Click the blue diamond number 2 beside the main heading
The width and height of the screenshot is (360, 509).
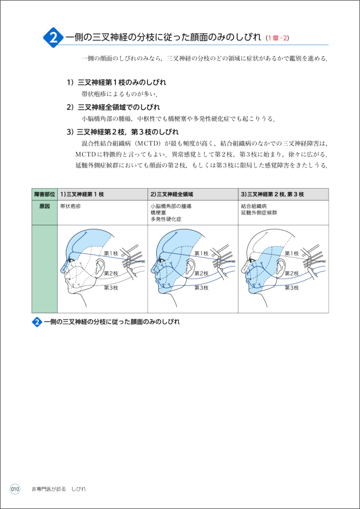[53, 38]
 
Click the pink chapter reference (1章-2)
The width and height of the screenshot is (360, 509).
[277, 38]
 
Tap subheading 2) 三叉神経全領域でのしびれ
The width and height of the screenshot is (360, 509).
[113, 107]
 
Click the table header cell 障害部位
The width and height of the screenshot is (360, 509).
[45, 194]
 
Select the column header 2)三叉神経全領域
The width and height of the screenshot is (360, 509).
[172, 194]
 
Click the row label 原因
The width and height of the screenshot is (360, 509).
[45, 206]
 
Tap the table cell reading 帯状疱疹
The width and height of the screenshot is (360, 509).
[70, 206]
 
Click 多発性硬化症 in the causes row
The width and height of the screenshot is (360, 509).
[166, 218]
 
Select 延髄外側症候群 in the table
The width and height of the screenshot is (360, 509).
[259, 212]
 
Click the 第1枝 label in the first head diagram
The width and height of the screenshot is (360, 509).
[111, 253]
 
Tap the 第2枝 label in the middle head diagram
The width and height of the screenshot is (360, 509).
[201, 273]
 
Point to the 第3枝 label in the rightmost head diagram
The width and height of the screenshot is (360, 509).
[291, 288]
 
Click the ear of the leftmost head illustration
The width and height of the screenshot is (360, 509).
[99, 267]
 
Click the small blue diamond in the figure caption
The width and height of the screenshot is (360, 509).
[37, 322]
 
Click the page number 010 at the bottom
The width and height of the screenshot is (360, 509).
[15, 489]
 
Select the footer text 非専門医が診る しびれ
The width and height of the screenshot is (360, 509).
[59, 489]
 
